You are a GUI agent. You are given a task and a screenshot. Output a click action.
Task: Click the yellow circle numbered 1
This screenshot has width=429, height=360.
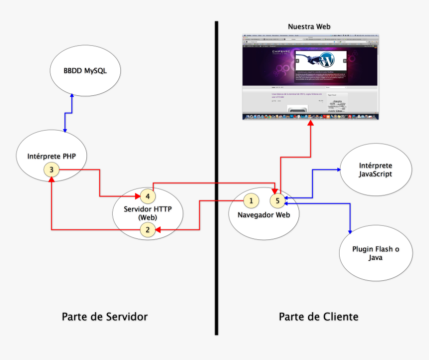251,200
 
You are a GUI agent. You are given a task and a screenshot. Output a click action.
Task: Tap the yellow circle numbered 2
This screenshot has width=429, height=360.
147,230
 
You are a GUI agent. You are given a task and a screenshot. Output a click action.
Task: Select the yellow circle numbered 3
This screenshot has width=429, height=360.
51,170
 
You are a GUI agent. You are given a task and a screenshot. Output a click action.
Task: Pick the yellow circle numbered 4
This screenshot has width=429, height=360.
148,196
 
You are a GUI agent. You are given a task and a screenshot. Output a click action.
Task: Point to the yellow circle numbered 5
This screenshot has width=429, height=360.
278,200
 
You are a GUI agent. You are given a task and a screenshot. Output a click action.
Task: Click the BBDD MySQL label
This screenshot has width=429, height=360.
85,71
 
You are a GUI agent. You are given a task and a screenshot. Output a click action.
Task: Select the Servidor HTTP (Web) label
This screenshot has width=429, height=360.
148,213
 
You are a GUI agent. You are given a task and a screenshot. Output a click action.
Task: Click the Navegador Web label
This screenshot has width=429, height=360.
263,214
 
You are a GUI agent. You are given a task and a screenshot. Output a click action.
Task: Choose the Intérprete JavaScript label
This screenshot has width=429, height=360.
376,170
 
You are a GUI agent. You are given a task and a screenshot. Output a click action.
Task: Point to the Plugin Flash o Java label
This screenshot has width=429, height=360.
376,253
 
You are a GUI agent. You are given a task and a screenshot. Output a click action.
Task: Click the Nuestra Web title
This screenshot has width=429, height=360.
309,26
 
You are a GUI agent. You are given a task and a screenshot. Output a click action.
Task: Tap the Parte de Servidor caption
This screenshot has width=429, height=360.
105,317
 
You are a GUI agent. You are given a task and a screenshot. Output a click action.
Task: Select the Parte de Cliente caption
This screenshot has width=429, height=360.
318,317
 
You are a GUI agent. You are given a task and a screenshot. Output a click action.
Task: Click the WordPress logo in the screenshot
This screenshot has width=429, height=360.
327,61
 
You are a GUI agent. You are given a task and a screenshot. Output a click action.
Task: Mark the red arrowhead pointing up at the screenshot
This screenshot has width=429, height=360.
310,123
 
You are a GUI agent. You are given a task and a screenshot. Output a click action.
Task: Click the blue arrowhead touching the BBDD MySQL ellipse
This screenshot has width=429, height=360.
72,95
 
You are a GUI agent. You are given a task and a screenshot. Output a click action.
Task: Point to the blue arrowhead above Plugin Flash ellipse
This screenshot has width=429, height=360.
349,230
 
